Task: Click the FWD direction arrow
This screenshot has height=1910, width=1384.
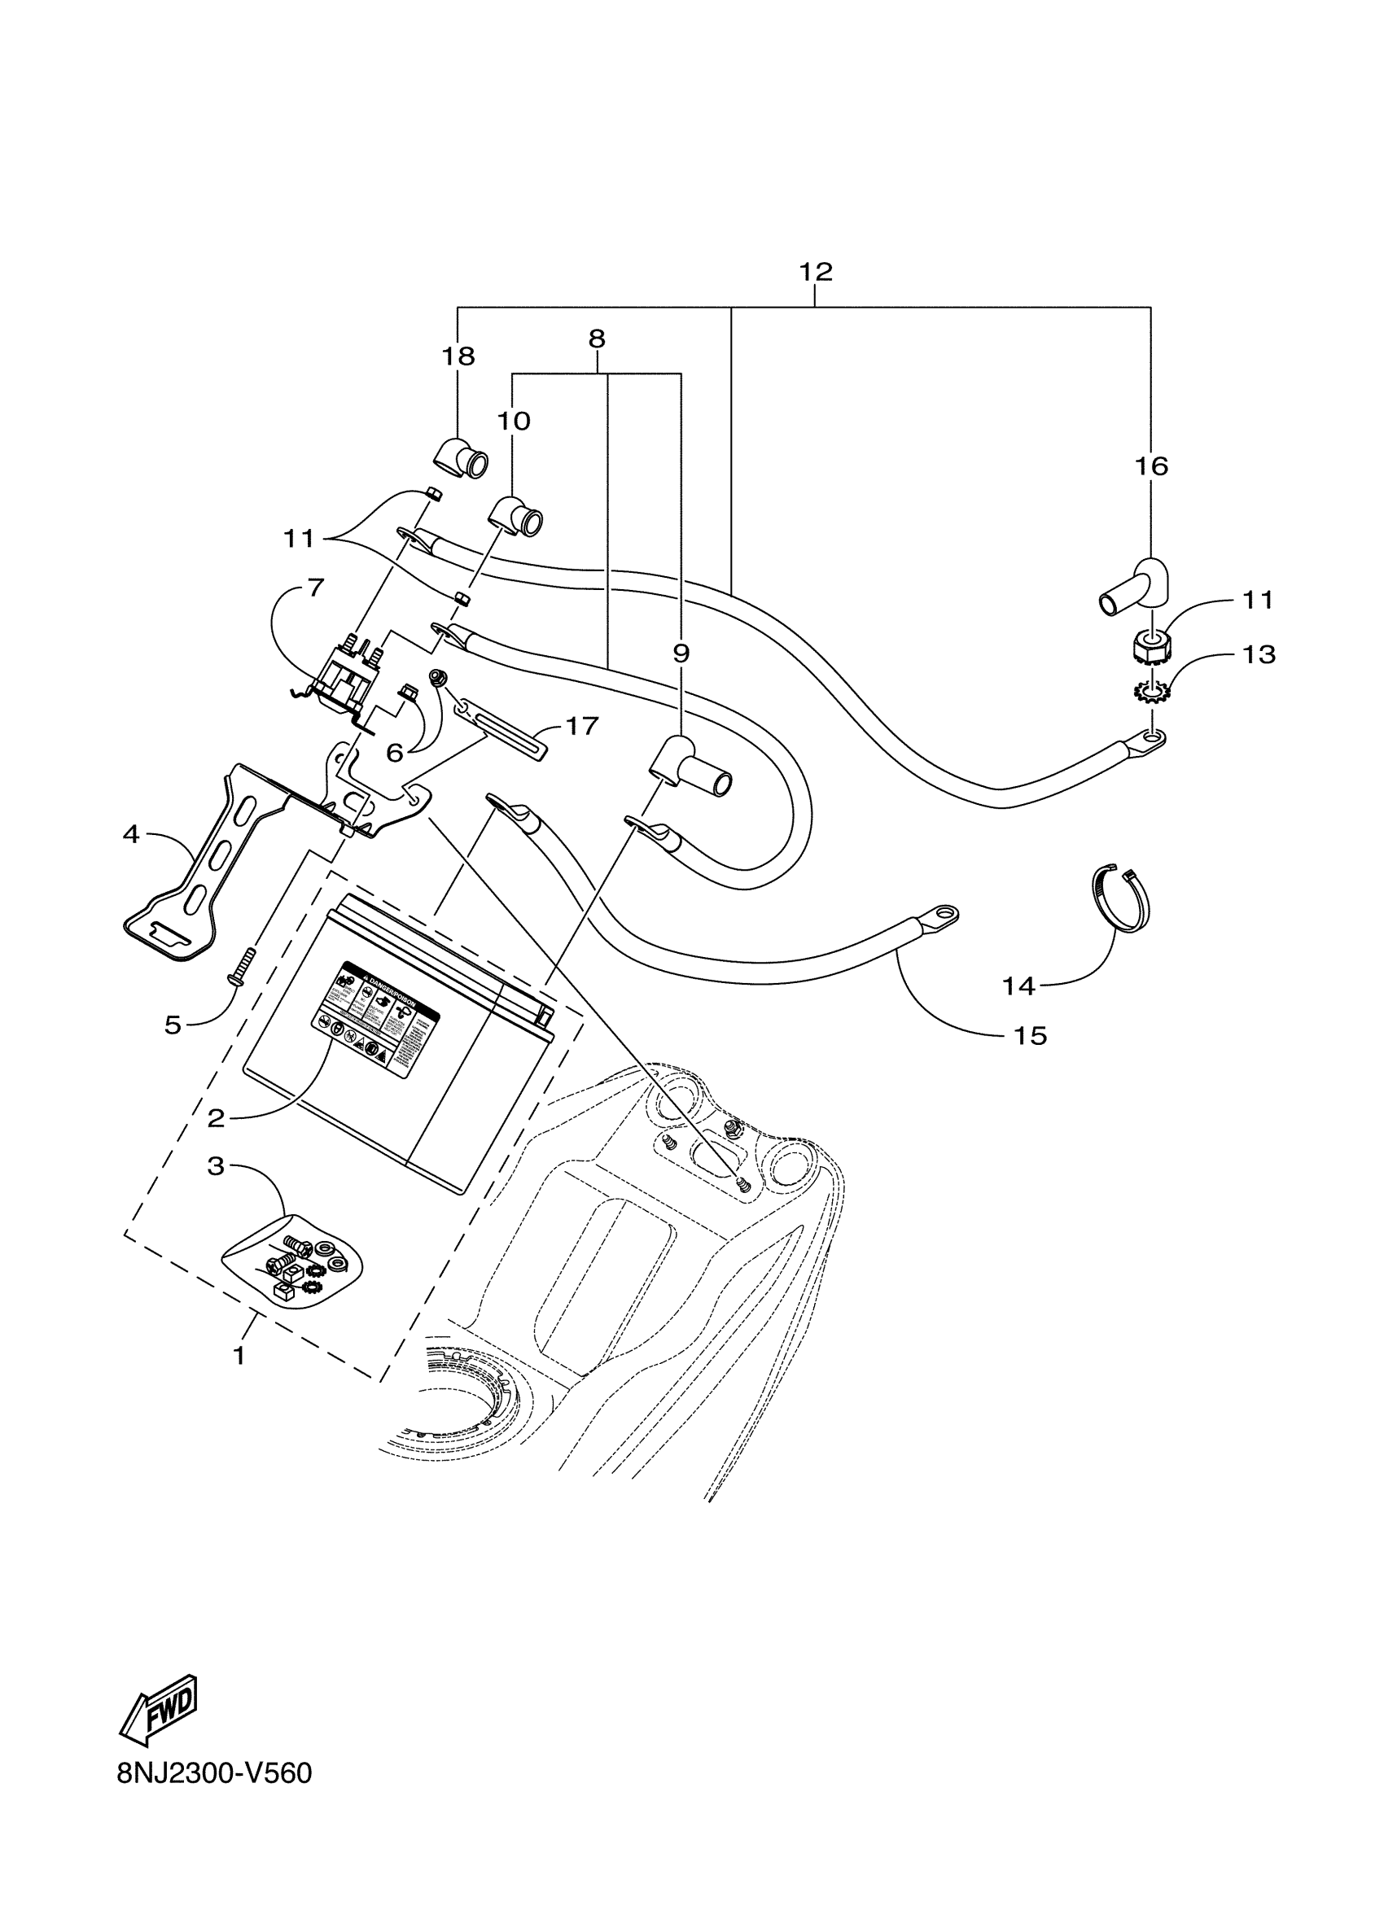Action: point(160,1709)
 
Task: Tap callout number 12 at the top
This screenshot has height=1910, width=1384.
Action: point(815,272)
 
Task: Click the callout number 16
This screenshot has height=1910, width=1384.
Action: point(1150,465)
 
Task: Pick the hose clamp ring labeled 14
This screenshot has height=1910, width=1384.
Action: point(1120,898)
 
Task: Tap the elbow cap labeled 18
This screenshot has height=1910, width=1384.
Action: point(462,460)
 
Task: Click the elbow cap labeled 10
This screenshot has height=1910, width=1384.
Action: point(518,515)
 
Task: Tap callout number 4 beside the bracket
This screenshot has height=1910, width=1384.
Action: point(130,835)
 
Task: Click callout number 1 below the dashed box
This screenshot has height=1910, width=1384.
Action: point(239,1356)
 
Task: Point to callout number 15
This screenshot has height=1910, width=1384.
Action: point(1029,1035)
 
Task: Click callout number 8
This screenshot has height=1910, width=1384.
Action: point(597,339)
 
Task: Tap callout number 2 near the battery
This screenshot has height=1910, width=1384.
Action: point(217,1118)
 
